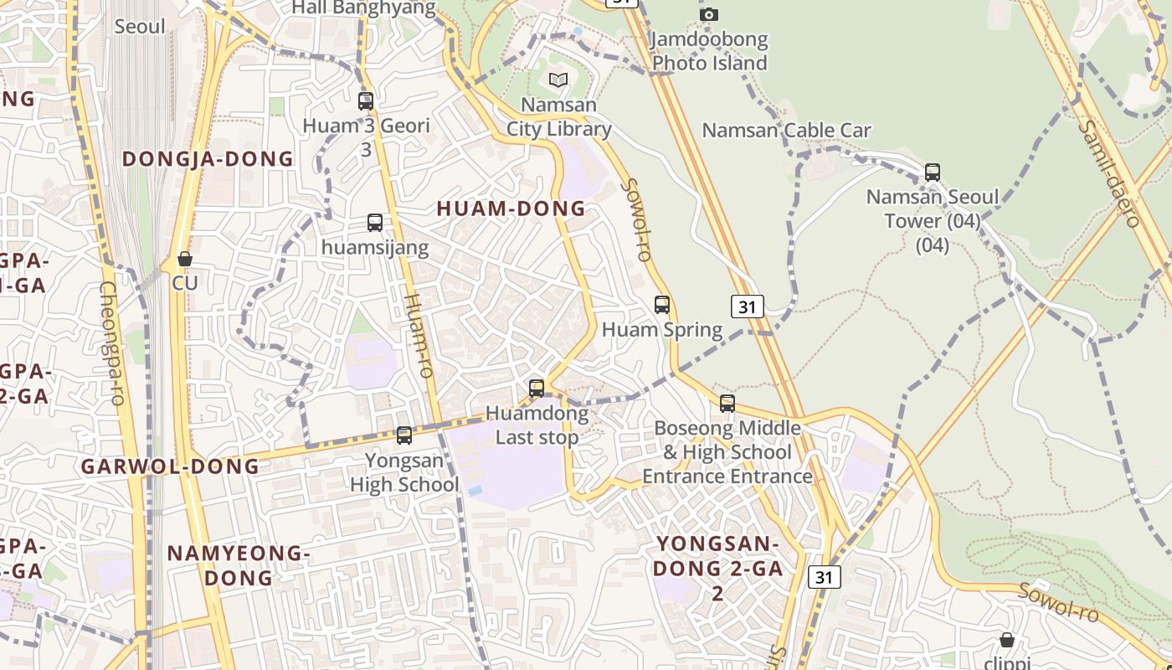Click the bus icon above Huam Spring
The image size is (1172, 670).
[x=662, y=305]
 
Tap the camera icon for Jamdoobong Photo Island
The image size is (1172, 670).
[x=709, y=14]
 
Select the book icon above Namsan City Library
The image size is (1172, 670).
[x=558, y=80]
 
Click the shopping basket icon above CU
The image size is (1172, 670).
[x=185, y=259]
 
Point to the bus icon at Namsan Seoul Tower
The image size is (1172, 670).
[x=933, y=173]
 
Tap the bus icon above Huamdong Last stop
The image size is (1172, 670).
[x=537, y=389]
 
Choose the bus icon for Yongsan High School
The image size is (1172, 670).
[x=404, y=435]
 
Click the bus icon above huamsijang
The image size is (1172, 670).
[x=375, y=223]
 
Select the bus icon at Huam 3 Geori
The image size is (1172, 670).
[x=366, y=101]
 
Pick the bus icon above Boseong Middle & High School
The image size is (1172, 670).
[x=727, y=404]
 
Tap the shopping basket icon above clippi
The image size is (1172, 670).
[x=1007, y=640]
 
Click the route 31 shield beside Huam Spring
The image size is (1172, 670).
[x=748, y=307]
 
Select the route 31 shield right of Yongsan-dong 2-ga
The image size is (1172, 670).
[x=825, y=576]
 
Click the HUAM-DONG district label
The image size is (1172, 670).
[x=511, y=209]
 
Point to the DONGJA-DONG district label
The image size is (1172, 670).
[x=208, y=158]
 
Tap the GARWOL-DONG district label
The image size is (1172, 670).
[x=170, y=466]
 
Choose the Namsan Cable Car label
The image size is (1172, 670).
[x=786, y=131]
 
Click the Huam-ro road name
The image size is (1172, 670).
[x=418, y=334]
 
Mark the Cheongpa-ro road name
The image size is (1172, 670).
[x=112, y=343]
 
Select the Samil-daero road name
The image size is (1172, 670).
[x=1108, y=173]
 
